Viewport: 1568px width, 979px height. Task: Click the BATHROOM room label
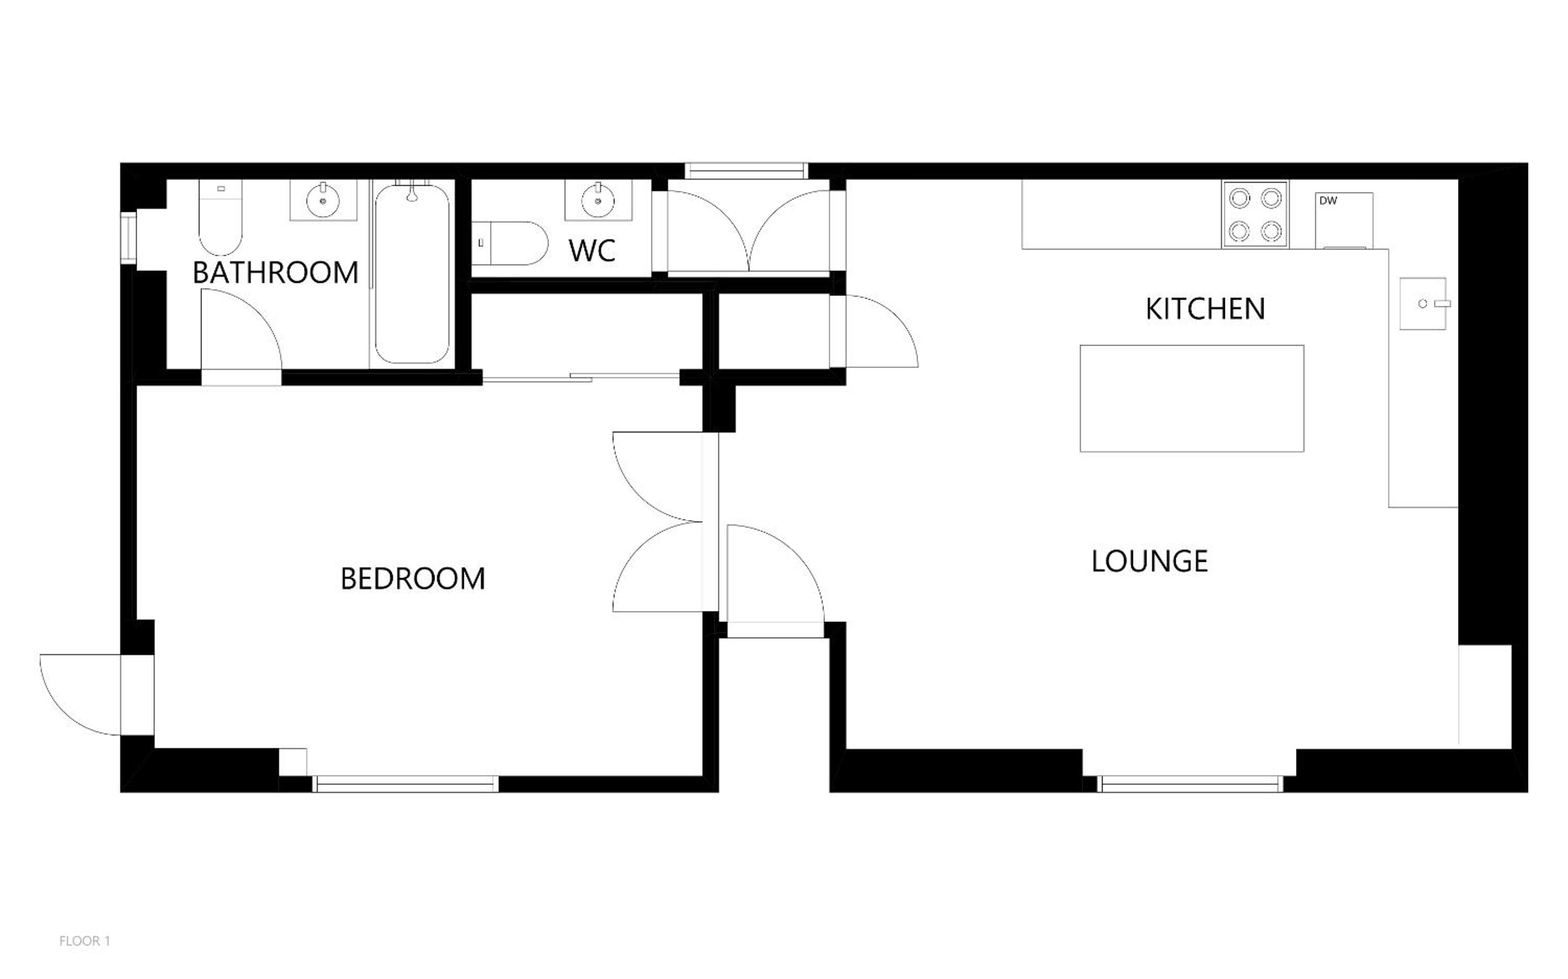pos(275,273)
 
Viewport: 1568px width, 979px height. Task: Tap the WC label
pos(592,251)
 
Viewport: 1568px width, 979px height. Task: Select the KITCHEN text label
pos(1205,309)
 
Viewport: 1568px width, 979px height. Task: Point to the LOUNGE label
pos(1150,561)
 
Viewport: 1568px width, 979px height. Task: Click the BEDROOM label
pos(412,579)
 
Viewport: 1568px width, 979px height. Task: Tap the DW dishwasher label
pos(1328,200)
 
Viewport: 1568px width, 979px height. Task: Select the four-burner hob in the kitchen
pos(1255,215)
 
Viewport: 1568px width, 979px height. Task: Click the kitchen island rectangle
pos(1192,398)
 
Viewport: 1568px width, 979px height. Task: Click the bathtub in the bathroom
pos(412,274)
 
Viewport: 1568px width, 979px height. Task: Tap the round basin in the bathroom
pos(322,200)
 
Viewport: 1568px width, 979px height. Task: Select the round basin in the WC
pos(598,200)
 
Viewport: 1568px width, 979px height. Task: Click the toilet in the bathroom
pos(220,217)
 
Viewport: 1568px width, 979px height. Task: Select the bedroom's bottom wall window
pos(405,784)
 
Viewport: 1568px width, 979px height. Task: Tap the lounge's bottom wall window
pos(1190,784)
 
